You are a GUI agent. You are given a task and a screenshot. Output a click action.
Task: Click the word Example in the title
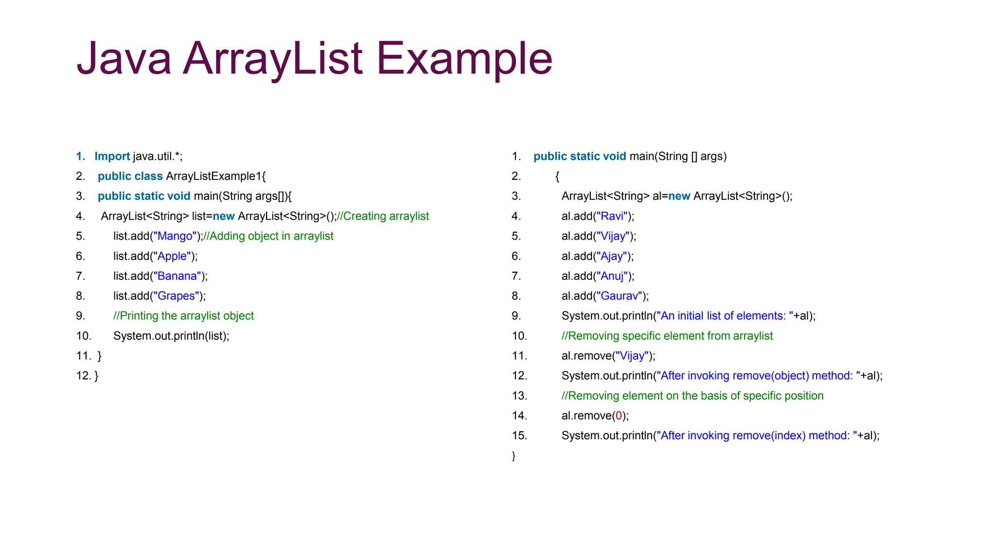[x=464, y=58]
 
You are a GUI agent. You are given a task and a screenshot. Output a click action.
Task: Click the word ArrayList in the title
[x=272, y=58]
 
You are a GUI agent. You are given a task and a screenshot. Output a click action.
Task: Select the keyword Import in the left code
[x=112, y=157]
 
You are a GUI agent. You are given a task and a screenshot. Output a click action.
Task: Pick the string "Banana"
[x=177, y=276]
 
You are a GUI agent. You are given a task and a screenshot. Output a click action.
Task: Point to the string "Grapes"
[x=176, y=296]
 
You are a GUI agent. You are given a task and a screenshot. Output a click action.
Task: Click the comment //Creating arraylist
[x=383, y=216]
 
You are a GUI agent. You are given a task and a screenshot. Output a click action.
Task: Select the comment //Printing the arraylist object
[x=183, y=316]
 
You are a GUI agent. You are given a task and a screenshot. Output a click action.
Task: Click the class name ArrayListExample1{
[x=216, y=176]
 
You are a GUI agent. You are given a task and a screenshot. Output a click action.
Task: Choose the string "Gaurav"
[x=620, y=296]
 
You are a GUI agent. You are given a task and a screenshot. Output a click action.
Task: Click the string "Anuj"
[x=612, y=276]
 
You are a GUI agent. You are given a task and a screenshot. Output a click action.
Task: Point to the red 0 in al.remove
[x=619, y=416]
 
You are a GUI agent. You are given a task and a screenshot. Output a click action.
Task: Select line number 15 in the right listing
[x=519, y=436]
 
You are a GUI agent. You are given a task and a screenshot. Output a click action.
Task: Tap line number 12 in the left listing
[x=84, y=376]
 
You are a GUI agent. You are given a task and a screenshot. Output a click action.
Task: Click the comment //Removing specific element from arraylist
[x=667, y=336]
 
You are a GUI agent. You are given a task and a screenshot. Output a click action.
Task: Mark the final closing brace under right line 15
[x=514, y=456]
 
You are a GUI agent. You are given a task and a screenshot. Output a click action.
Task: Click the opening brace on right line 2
[x=557, y=176]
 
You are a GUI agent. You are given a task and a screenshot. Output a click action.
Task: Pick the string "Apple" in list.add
[x=172, y=256]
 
